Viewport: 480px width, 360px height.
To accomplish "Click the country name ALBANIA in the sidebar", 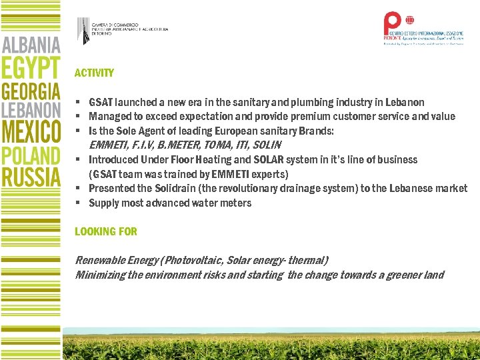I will click(x=31, y=45).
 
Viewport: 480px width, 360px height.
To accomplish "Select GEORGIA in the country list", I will click(x=31, y=91).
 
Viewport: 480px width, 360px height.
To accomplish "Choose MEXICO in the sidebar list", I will click(x=31, y=131).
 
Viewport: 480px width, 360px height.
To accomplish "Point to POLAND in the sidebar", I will click(x=31, y=156).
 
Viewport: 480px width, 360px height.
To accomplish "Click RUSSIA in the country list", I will click(x=31, y=177).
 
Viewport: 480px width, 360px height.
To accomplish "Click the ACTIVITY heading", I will click(x=94, y=73).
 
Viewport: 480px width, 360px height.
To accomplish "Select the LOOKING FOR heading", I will click(x=105, y=231).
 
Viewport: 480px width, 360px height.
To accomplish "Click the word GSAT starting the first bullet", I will click(x=101, y=103).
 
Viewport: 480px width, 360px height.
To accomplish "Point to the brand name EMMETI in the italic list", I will click(x=107, y=145).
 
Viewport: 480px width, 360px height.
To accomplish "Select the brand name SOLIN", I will click(x=267, y=145).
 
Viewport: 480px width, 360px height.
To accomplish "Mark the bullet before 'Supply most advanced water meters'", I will click(x=78, y=203).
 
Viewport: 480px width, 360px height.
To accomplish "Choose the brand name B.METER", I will click(x=177, y=145).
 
